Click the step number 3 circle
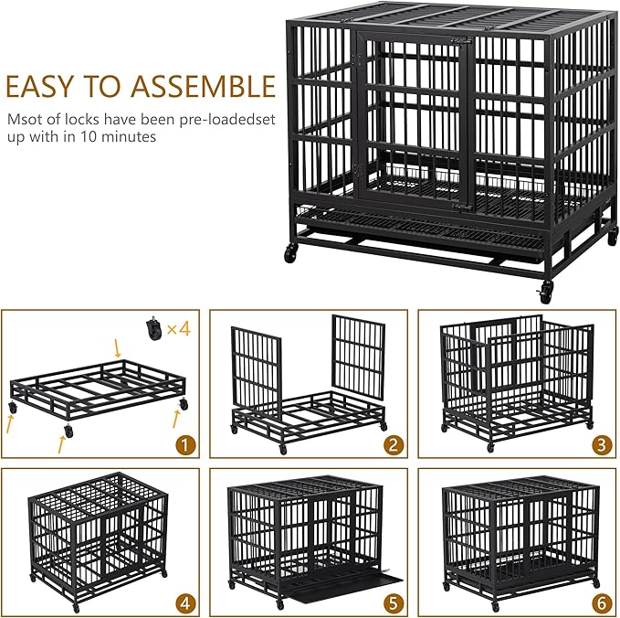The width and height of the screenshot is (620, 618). pyautogui.click(x=600, y=445)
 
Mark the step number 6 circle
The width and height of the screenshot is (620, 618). pyautogui.click(x=600, y=602)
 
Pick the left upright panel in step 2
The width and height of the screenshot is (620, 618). pyautogui.click(x=256, y=367)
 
